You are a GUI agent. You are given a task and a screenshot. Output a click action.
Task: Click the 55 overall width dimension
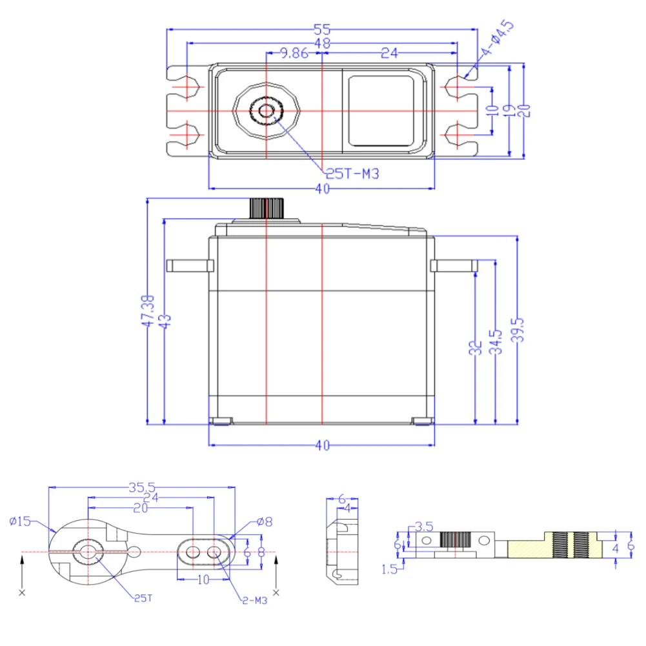point(322,28)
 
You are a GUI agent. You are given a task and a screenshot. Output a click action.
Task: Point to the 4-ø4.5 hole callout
point(498,39)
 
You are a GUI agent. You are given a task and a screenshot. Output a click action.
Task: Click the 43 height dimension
point(165,321)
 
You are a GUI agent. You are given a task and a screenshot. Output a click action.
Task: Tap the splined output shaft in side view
point(267,208)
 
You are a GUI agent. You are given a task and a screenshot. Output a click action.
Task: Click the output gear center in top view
point(266,111)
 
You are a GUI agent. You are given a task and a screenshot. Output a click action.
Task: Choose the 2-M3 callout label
point(254,601)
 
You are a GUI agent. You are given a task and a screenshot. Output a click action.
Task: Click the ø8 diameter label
point(264,521)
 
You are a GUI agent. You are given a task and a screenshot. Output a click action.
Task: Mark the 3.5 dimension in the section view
point(424,527)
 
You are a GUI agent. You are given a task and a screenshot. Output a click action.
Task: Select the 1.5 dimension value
point(389,569)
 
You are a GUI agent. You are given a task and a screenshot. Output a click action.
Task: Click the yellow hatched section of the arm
point(529,549)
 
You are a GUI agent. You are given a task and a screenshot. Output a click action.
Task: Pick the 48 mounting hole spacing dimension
point(322,43)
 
